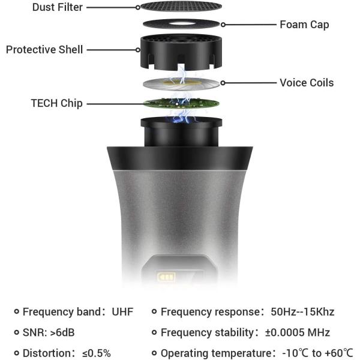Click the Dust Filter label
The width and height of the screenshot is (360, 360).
tap(58, 7)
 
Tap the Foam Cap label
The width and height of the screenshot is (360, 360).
tap(304, 25)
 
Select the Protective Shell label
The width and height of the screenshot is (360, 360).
tap(44, 50)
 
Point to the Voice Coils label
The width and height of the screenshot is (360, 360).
tap(307, 83)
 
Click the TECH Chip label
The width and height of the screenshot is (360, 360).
tap(57, 103)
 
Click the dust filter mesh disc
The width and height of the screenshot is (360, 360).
tap(181, 6)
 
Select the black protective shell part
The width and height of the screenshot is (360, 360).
tap(181, 52)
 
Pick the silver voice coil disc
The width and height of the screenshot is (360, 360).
tap(181, 83)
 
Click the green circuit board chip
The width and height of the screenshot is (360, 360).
tap(181, 104)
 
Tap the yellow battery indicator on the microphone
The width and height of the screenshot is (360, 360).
tap(166, 277)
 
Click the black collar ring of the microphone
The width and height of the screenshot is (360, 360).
tap(180, 158)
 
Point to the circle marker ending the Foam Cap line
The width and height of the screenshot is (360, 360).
tap(223, 25)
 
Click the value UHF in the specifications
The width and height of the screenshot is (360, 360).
tap(122, 312)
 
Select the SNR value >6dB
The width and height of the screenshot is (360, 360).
tap(62, 332)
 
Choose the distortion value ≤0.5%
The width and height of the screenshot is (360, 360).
tap(97, 353)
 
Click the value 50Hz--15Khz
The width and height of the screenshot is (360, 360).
tap(302, 312)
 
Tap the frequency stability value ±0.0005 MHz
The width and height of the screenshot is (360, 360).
tap(298, 332)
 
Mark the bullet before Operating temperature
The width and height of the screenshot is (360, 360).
tap(154, 353)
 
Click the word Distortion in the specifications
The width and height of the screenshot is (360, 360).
tap(47, 353)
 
